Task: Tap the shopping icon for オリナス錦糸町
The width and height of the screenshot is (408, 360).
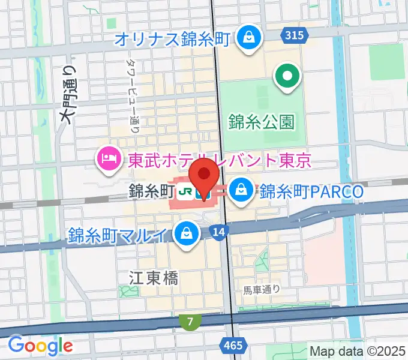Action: point(247,38)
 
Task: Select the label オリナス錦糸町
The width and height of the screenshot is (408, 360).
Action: point(172,40)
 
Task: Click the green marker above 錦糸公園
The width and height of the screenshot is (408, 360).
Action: point(287,77)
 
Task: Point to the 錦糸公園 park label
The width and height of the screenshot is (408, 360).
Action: point(262,122)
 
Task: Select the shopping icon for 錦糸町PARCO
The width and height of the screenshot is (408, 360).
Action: point(241,190)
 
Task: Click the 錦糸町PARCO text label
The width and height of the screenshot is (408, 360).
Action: point(311,191)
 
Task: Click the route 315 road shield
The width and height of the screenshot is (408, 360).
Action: point(294,35)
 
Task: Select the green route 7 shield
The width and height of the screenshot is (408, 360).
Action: point(190,322)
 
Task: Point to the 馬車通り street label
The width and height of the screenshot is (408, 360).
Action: point(262,290)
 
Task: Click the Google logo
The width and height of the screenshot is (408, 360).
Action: point(40,345)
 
